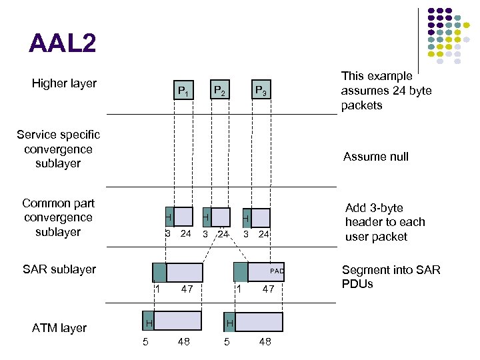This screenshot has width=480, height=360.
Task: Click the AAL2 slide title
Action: pyautogui.click(x=63, y=44)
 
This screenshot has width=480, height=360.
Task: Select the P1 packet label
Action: pyautogui.click(x=183, y=91)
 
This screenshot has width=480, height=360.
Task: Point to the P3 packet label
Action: pyautogui.click(x=260, y=91)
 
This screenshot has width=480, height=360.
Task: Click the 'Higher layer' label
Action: pyautogui.click(x=64, y=83)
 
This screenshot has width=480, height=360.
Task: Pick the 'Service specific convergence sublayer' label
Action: pyautogui.click(x=58, y=149)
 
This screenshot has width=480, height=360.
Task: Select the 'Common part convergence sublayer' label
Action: pyautogui.click(x=58, y=217)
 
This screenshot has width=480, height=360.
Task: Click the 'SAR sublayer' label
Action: pyautogui.click(x=59, y=269)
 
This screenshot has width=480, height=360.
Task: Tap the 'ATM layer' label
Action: pyautogui.click(x=59, y=327)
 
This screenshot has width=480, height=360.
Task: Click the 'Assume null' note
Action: pyautogui.click(x=375, y=157)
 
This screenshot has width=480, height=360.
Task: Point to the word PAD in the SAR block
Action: pyautogui.click(x=277, y=271)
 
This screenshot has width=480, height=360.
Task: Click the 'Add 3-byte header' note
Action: pyautogui.click(x=385, y=222)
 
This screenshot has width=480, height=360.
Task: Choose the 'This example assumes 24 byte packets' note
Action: pyautogui.click(x=386, y=91)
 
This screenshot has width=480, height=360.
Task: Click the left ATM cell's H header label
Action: pyautogui.click(x=149, y=323)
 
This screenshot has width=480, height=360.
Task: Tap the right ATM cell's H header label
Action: pyautogui.click(x=229, y=323)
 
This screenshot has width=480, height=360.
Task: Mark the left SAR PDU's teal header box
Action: pyautogui.click(x=159, y=272)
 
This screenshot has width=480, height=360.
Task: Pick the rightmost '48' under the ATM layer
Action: pyautogui.click(x=265, y=343)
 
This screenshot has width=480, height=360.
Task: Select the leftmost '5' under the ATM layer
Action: pyautogui.click(x=145, y=343)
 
